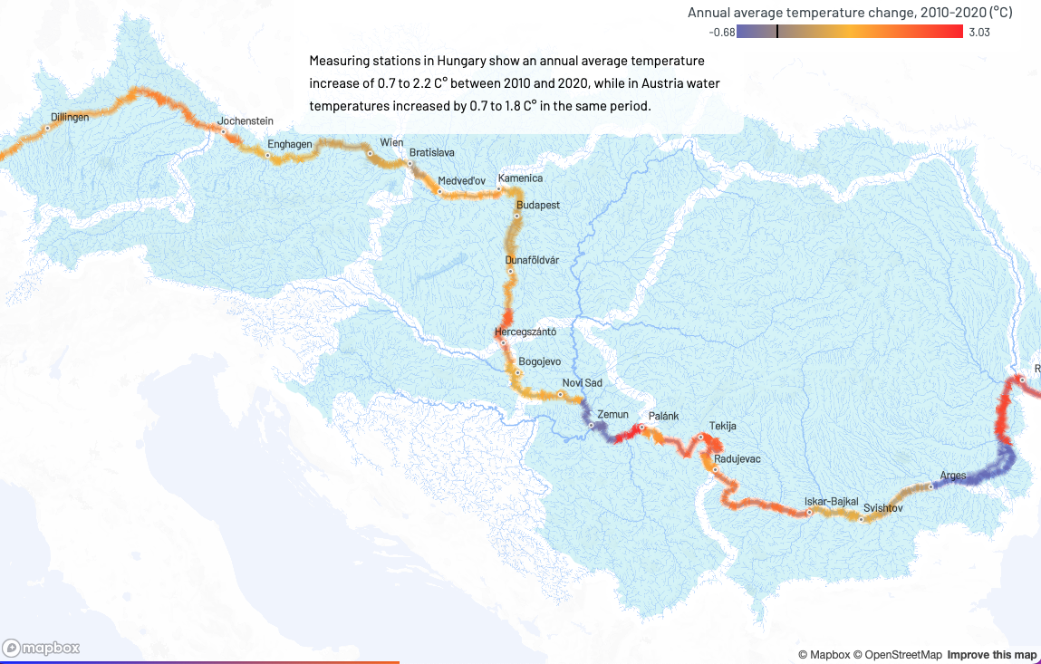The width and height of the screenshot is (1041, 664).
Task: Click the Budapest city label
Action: (538, 206)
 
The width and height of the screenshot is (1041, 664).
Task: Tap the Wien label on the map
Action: (391, 143)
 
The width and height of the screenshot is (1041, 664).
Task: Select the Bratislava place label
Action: (431, 152)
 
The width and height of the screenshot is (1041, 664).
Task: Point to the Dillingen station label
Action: (71, 118)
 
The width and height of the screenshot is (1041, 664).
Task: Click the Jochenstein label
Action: (245, 121)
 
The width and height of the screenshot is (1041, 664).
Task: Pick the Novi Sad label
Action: (582, 383)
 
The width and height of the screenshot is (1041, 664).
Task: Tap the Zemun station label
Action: (612, 415)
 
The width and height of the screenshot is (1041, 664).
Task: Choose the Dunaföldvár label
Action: (532, 261)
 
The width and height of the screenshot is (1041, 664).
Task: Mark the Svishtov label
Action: (883, 508)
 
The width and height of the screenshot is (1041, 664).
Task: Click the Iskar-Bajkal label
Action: (831, 502)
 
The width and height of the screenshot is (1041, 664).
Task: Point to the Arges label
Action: (953, 475)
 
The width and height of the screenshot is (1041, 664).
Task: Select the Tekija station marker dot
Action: (700, 437)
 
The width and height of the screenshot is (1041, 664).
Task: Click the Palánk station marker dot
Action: (641, 427)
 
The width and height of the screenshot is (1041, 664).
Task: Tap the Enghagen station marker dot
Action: (268, 155)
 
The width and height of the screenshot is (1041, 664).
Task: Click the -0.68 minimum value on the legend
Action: (721, 32)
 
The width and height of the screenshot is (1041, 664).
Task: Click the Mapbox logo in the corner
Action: (42, 648)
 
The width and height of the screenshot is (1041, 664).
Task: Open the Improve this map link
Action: (991, 655)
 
